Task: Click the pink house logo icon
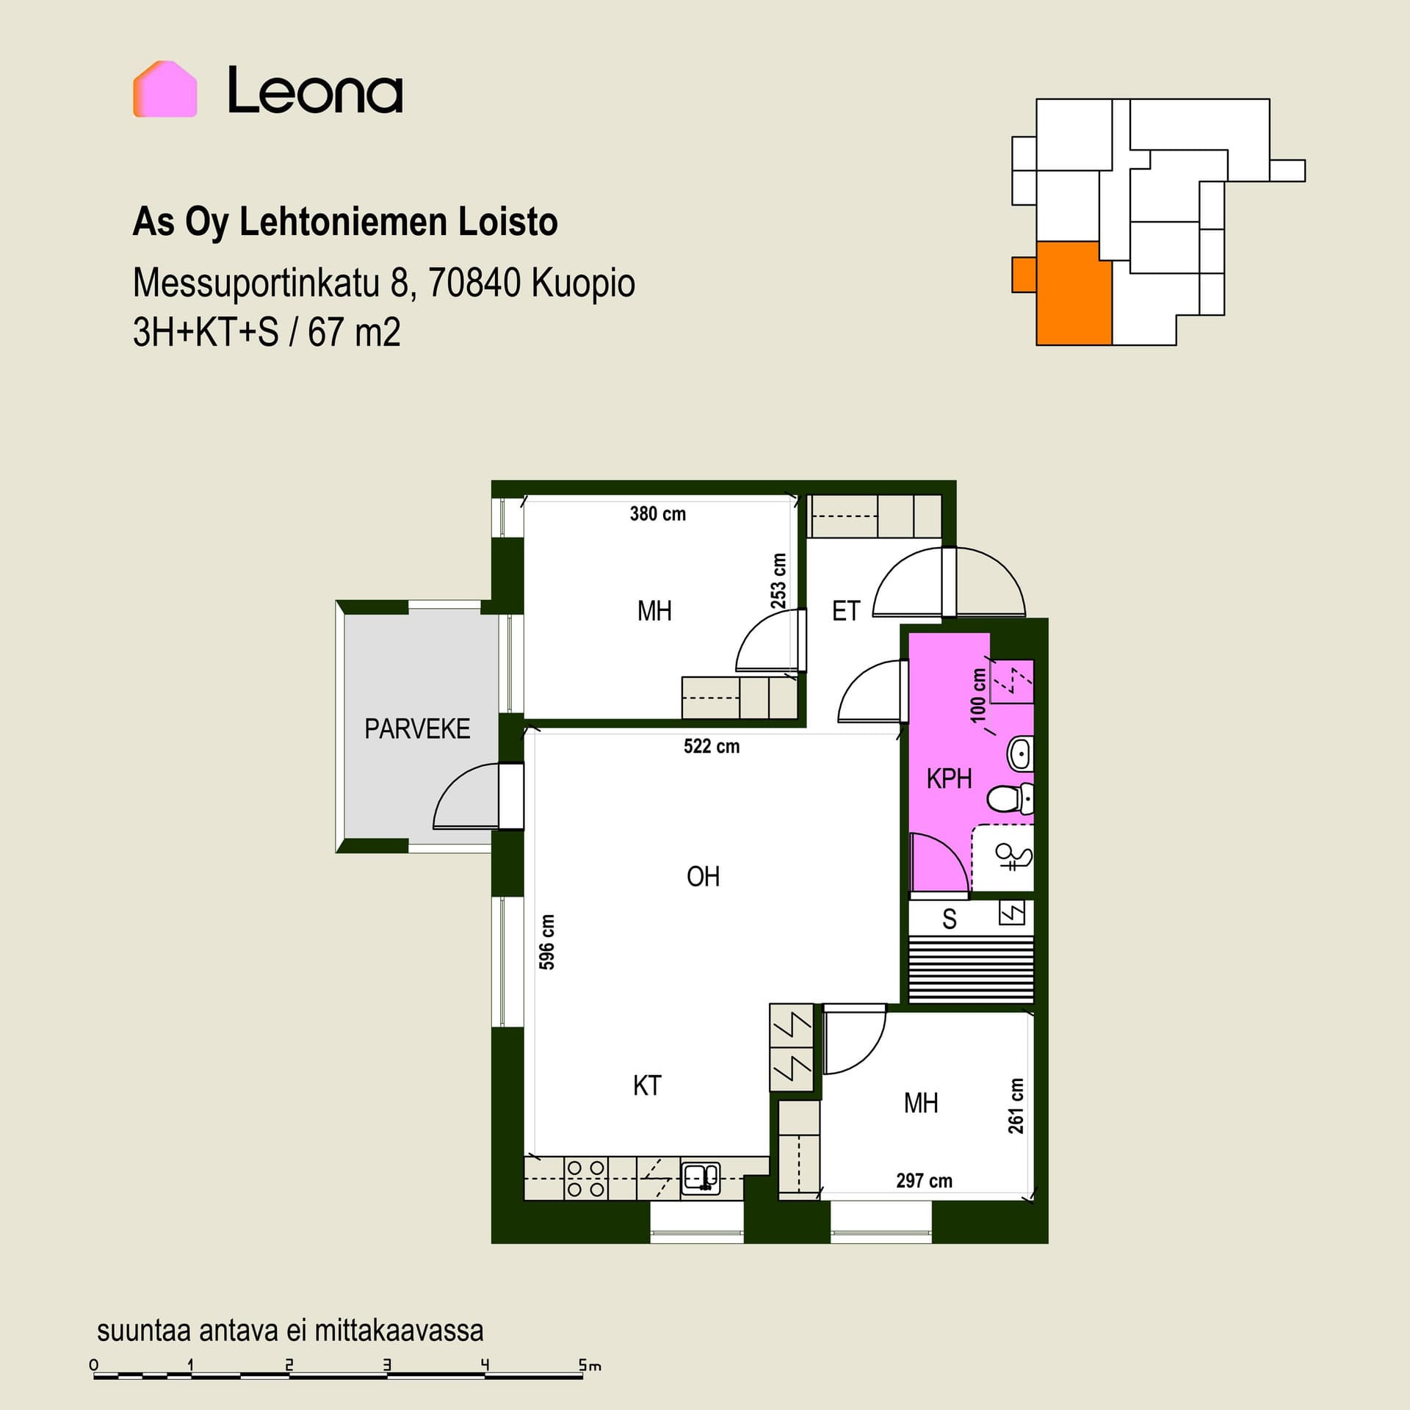tap(165, 89)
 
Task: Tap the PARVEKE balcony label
tap(417, 728)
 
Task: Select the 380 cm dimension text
tap(658, 514)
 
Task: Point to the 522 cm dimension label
tap(712, 747)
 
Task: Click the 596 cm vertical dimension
tap(547, 942)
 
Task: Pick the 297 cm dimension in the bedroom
tap(924, 1181)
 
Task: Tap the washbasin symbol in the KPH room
tap(1020, 753)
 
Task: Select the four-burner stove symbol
tap(586, 1179)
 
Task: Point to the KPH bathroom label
tap(949, 778)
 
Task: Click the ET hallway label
tap(846, 611)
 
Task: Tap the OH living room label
tap(703, 876)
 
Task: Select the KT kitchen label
tap(647, 1085)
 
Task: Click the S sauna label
tap(950, 919)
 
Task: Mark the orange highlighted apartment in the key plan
tap(1073, 293)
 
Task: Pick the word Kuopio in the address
tap(583, 283)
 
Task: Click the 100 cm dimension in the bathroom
tap(978, 695)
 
